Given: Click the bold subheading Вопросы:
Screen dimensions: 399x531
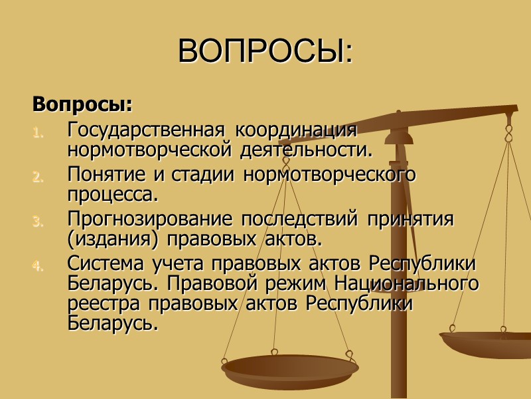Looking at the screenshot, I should [x=82, y=105].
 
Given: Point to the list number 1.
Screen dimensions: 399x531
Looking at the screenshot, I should [x=38, y=131].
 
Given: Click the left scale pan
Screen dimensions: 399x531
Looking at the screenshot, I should [x=290, y=371].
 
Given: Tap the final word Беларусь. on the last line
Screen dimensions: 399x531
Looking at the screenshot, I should [x=114, y=324].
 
